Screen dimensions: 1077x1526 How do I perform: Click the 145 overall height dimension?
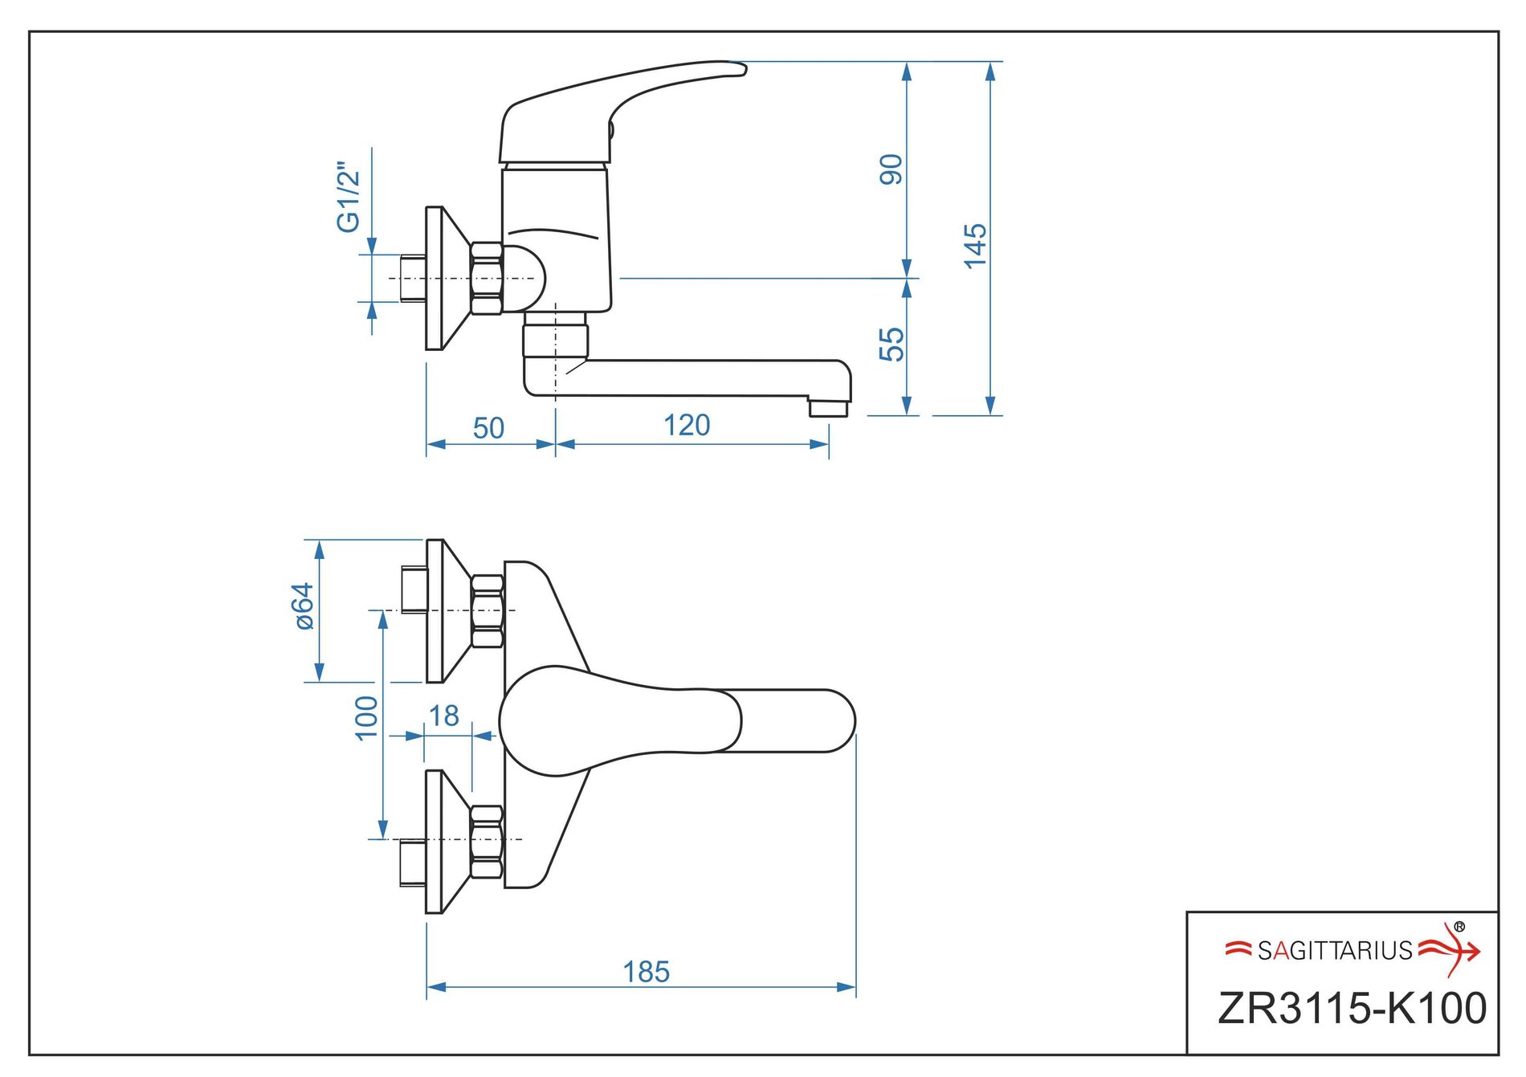[974, 246]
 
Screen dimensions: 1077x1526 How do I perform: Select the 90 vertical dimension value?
[891, 169]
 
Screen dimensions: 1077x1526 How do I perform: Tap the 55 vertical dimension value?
[891, 345]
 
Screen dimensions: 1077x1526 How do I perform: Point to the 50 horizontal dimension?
[488, 428]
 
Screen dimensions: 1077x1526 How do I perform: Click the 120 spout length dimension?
[687, 425]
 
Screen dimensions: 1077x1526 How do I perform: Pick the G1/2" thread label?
[348, 198]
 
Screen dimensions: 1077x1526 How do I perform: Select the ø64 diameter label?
[303, 606]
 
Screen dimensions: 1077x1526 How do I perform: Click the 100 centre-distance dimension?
[365, 717]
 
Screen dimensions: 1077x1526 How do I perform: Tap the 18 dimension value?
[443, 716]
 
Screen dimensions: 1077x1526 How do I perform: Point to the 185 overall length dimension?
[646, 972]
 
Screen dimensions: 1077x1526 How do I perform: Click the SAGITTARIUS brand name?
[1334, 951]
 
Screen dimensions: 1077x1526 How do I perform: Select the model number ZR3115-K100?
[1352, 1009]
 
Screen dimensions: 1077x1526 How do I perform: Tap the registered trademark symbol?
[1459, 927]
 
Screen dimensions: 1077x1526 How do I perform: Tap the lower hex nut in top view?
[487, 840]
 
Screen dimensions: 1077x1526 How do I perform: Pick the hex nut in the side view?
[487, 278]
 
